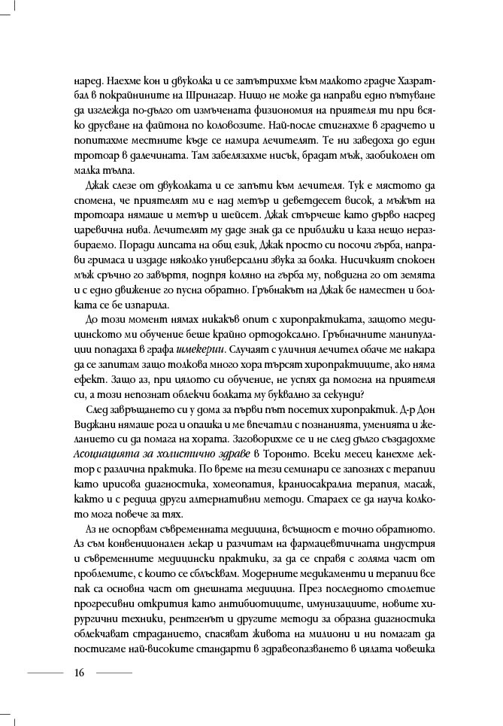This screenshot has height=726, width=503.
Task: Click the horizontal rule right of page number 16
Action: [x=114, y=672]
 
